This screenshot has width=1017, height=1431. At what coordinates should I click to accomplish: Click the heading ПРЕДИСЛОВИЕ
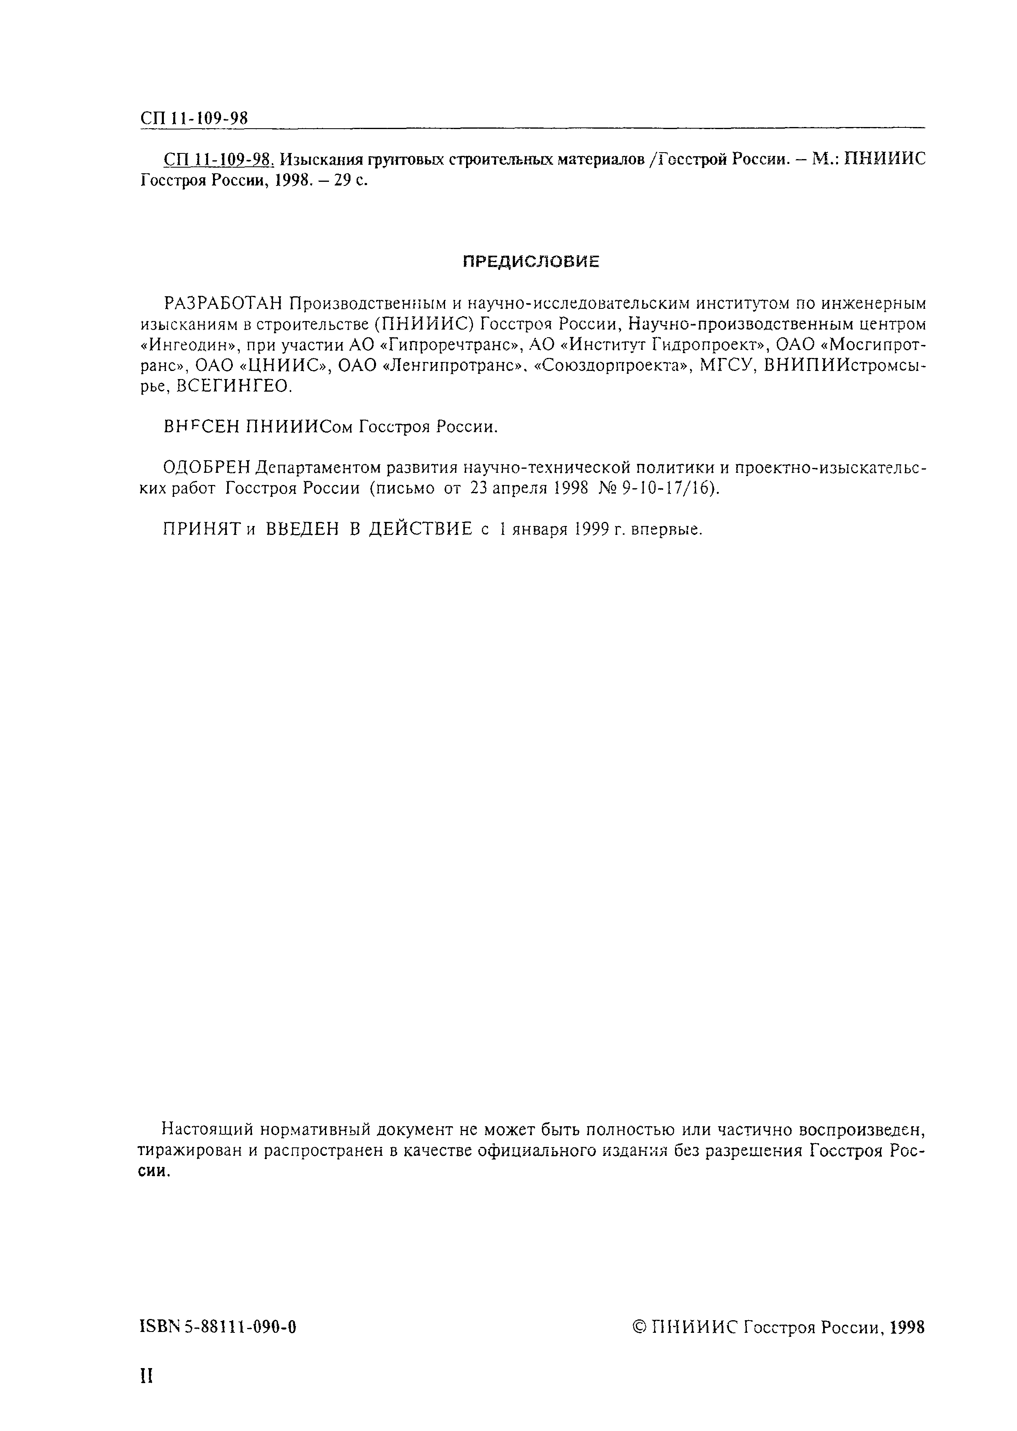531,262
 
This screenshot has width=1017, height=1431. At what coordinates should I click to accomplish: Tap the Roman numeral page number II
146,1376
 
